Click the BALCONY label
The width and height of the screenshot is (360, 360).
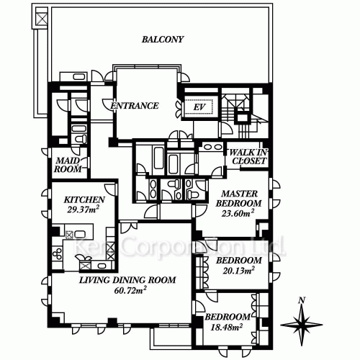point(163,40)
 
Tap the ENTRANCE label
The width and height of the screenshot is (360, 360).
point(135,106)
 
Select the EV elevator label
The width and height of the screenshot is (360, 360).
point(199,107)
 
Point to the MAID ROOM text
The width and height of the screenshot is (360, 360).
point(68,165)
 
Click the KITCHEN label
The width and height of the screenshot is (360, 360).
point(84,199)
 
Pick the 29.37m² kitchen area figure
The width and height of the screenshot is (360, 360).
point(83,210)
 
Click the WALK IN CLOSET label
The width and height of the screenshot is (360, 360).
point(248,156)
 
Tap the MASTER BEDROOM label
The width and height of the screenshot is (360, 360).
point(238,198)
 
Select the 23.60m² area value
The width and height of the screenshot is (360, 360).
point(238,212)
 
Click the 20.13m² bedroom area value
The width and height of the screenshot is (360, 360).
point(238,271)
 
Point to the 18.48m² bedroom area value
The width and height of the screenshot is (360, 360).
point(226,327)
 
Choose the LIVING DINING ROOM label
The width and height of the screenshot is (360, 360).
point(127,280)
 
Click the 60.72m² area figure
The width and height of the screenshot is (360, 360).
point(130,290)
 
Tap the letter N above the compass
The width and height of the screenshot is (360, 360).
point(302,300)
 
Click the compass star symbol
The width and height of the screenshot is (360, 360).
point(302,325)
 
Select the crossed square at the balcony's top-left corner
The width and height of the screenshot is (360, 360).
point(41,18)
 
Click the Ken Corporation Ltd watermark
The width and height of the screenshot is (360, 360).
point(180,247)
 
